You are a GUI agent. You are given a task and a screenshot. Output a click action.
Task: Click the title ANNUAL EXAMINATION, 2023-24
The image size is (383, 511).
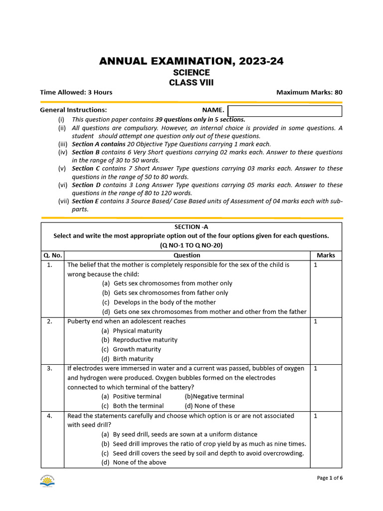[x=191, y=61]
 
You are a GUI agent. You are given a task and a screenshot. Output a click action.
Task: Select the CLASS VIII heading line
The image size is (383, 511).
[x=191, y=83]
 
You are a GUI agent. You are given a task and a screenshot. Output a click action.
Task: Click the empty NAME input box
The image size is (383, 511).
[x=285, y=111]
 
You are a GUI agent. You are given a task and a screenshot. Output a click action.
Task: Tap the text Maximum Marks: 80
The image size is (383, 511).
[x=309, y=92]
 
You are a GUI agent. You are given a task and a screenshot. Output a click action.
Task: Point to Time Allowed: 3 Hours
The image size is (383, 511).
[x=76, y=92]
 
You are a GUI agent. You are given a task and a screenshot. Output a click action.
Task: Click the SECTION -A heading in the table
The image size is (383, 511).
[x=191, y=227]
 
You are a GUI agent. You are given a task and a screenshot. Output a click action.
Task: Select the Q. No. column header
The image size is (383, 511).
[x=52, y=255]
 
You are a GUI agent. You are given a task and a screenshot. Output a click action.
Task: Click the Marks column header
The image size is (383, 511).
[x=326, y=255]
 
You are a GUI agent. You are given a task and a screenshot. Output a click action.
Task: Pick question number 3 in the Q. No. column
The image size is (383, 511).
[x=50, y=368]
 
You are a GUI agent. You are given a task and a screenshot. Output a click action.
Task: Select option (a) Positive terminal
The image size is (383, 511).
[x=132, y=396]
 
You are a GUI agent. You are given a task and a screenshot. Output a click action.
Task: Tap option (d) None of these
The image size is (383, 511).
[x=209, y=406]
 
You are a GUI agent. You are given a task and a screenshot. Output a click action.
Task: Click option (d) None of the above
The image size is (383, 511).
[x=134, y=462]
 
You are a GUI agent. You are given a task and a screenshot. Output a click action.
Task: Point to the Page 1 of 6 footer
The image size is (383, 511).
[x=330, y=478]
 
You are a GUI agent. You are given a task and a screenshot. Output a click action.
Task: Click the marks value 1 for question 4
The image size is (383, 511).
[x=316, y=416]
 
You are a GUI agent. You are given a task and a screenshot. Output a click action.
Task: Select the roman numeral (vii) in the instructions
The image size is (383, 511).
[x=62, y=201]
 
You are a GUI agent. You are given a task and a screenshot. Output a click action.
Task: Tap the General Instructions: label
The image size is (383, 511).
[x=73, y=110]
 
